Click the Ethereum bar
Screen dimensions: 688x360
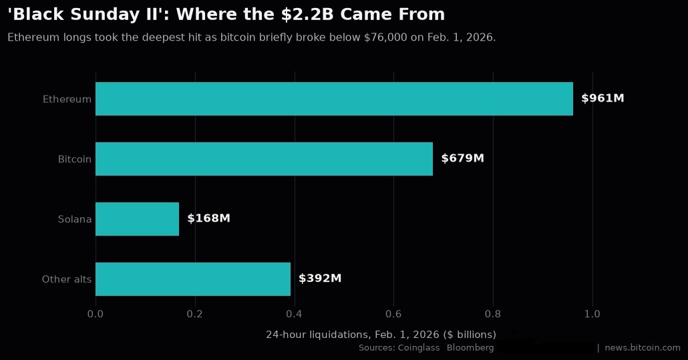335,99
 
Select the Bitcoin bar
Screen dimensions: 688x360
264,159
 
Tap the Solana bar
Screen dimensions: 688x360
138,219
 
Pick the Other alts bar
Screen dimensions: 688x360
193,279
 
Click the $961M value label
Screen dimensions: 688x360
603,98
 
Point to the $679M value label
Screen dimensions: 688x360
462,158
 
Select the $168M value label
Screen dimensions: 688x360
209,218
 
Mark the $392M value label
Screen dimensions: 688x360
320,279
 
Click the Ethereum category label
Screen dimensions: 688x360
67,99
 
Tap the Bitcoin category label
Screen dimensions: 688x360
75,159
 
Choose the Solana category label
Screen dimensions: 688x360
75,219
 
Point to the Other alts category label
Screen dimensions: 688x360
67,279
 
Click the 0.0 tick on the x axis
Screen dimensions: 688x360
96,314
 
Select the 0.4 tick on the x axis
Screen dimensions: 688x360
294,314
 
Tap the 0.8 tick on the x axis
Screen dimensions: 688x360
493,314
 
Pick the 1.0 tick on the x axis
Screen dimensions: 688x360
592,314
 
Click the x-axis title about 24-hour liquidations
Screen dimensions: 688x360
381,335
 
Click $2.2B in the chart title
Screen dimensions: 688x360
307,15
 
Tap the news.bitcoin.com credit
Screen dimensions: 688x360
643,348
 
